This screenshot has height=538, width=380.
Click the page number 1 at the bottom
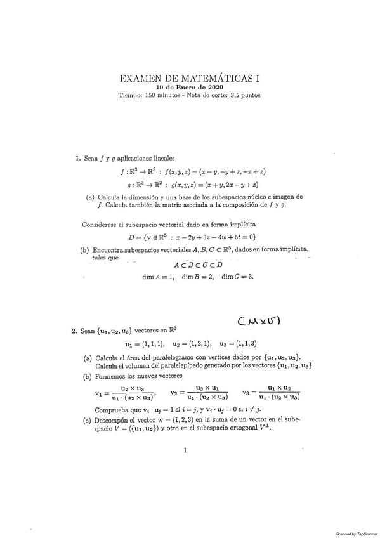pos(185,451)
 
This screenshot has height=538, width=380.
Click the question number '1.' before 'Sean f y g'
pos(77,158)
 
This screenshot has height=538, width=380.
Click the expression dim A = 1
pos(158,276)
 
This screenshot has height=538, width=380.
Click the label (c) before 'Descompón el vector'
pos(87,420)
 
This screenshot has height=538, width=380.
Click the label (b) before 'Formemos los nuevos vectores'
pos(87,376)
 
